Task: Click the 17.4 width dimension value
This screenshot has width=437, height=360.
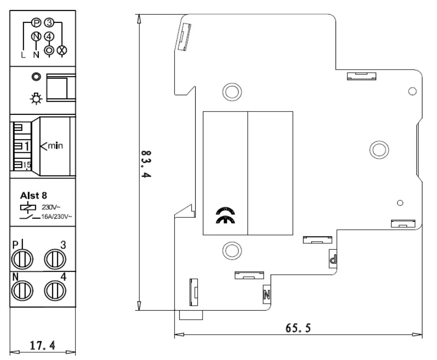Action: (43, 345)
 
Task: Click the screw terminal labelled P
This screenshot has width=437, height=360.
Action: (22, 258)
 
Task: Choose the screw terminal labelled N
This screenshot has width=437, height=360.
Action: (22, 289)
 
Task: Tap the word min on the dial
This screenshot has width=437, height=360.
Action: (55, 146)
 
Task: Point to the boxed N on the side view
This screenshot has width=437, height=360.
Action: (267, 293)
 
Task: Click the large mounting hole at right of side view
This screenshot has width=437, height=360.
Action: (379, 149)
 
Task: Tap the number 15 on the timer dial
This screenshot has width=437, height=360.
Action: (26, 165)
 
